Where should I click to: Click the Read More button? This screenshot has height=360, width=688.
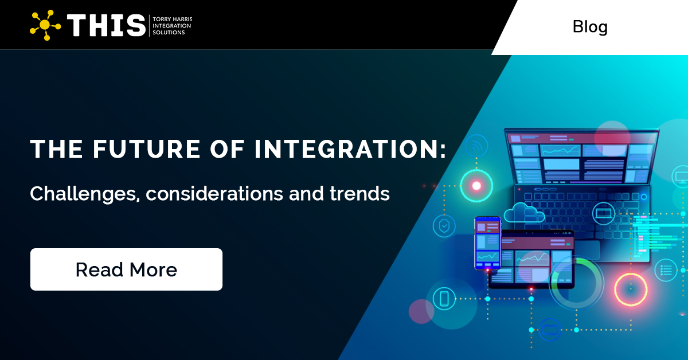coord(126,269)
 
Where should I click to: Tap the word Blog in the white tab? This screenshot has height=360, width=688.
coord(590,27)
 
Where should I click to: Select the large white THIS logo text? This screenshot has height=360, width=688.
coord(107,26)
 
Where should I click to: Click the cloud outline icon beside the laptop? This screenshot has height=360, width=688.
coord(524,213)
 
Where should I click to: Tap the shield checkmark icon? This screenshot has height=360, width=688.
coord(444,226)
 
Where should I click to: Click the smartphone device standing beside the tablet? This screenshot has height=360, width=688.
coord(487,243)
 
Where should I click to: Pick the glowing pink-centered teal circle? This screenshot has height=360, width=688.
coord(476,185)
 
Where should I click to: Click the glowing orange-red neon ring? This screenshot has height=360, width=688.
coord(631,289)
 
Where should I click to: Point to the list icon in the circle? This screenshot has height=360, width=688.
coord(666,269)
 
